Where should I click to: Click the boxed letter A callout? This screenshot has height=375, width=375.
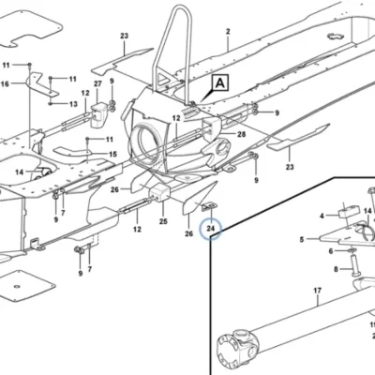(x=220, y=83)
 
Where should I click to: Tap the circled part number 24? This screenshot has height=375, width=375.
(x=211, y=229)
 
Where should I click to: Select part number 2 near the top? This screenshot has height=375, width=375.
(x=228, y=32)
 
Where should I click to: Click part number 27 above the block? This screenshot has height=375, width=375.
(x=97, y=83)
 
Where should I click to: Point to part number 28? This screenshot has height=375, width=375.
(x=242, y=134)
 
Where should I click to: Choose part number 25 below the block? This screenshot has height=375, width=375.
(x=163, y=221)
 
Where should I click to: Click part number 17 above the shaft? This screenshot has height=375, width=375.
(x=318, y=291)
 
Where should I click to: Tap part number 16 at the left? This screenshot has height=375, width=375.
(x=5, y=83)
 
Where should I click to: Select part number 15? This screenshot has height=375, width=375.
(x=113, y=154)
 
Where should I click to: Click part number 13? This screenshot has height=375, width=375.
(x=73, y=104)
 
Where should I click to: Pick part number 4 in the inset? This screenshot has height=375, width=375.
(x=322, y=216)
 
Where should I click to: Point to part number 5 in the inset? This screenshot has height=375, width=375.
(x=302, y=240)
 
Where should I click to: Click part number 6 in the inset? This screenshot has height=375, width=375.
(x=331, y=251)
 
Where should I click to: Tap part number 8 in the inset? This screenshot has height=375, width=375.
(x=336, y=269)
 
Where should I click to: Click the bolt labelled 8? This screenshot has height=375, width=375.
(x=356, y=265)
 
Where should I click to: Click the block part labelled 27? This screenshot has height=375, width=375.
(x=98, y=114)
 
